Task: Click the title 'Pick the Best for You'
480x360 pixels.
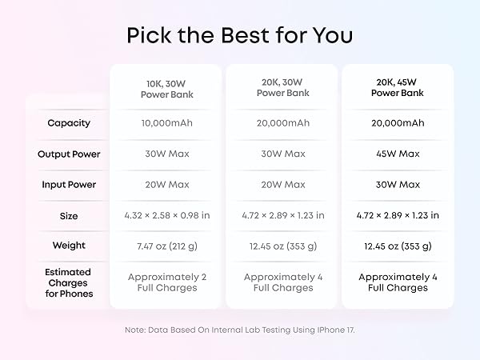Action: click(x=240, y=36)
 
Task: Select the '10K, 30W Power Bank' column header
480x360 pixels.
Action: click(x=166, y=88)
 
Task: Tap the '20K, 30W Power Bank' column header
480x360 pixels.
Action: click(x=282, y=88)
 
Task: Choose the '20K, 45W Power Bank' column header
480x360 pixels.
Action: click(x=398, y=88)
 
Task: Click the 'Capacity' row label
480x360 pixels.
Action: click(x=69, y=123)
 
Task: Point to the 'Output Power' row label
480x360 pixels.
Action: click(x=69, y=154)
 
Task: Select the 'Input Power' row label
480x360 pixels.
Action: click(x=69, y=185)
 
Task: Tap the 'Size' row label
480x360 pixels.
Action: click(x=69, y=215)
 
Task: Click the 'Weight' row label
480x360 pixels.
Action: click(x=69, y=246)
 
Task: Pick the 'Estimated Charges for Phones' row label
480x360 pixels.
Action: click(x=69, y=282)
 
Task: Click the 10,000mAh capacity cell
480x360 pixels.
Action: click(x=166, y=123)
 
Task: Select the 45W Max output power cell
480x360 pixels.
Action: click(x=398, y=154)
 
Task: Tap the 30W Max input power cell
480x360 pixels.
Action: click(x=398, y=185)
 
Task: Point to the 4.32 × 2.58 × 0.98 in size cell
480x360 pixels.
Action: click(x=166, y=215)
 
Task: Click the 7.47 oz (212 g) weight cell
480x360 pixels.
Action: click(x=166, y=246)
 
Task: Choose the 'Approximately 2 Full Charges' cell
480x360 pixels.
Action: click(x=166, y=282)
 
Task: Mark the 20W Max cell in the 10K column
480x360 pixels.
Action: click(x=166, y=185)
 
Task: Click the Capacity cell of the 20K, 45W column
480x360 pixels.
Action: click(x=398, y=123)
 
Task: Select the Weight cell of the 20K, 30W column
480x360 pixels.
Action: click(x=282, y=246)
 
